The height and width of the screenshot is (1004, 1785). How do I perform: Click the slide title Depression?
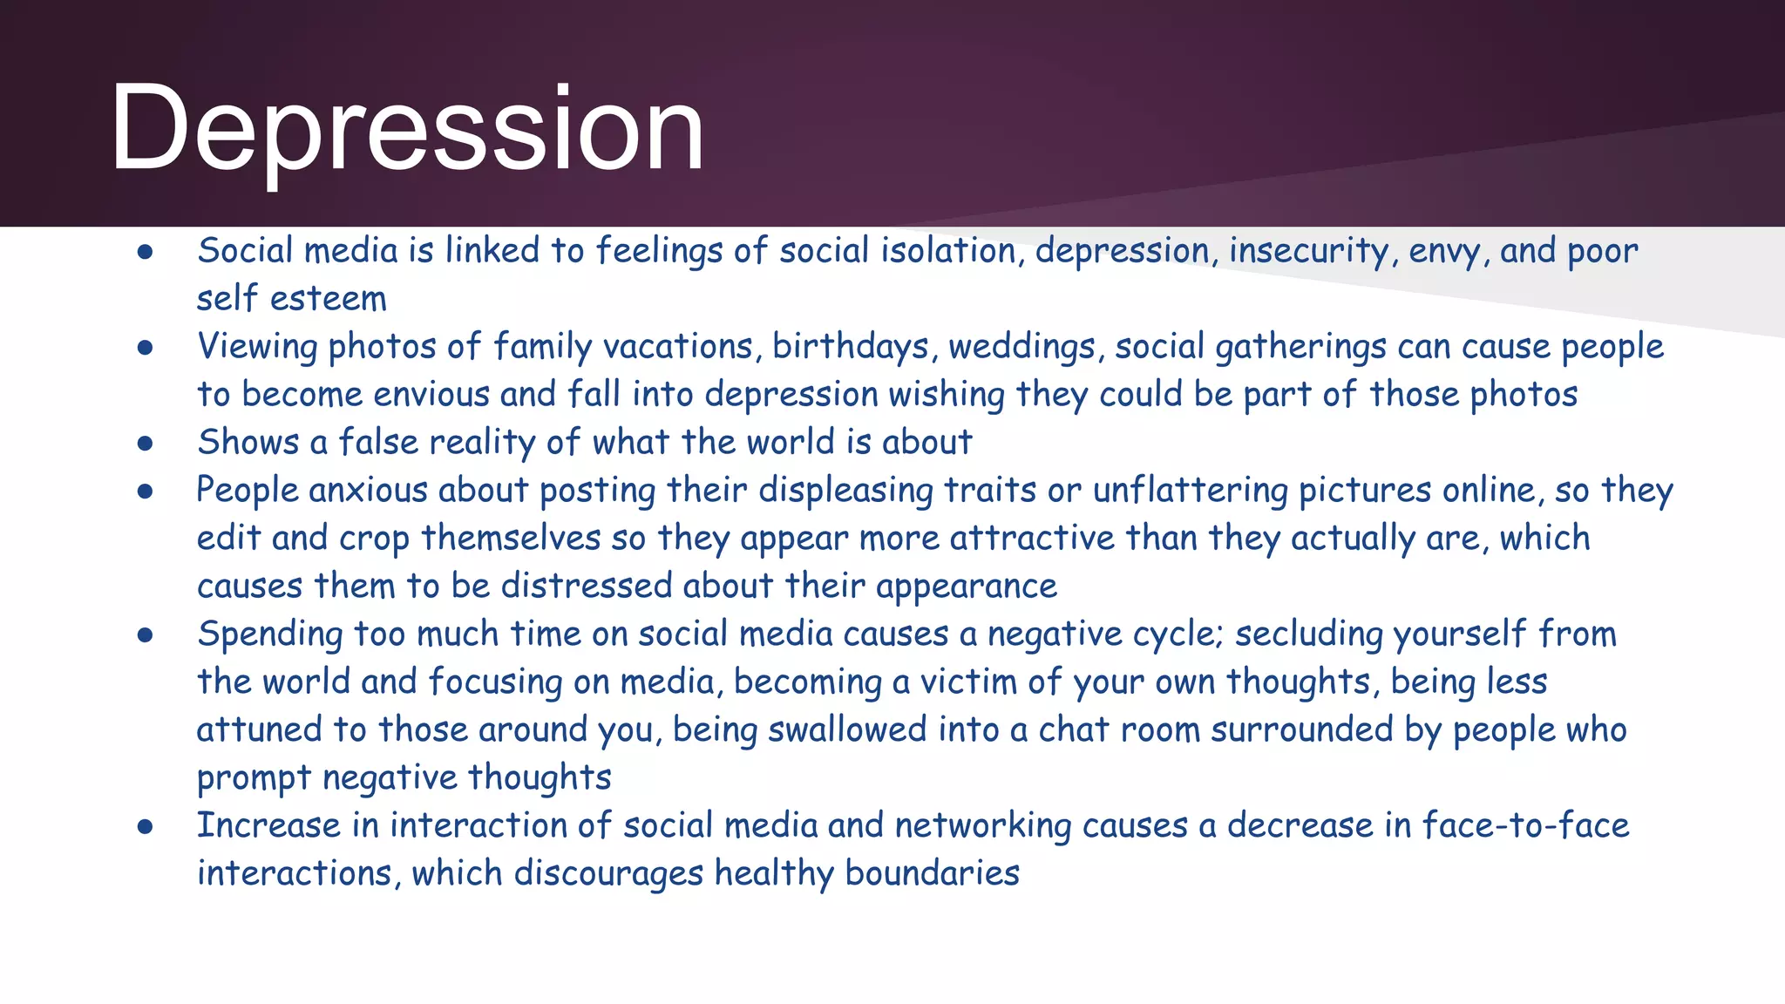pos(406,129)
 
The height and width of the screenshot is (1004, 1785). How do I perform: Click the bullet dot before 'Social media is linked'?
pos(146,253)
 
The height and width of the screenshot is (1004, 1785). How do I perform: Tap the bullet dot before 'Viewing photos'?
pos(146,349)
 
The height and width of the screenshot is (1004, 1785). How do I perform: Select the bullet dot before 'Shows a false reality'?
pos(146,444)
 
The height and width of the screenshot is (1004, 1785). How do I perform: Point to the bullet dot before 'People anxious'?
pos(146,492)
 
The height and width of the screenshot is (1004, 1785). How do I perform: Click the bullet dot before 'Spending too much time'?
pos(146,636)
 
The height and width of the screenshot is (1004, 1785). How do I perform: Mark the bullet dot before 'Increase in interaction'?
pos(146,827)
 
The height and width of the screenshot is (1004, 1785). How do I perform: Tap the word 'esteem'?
pos(329,299)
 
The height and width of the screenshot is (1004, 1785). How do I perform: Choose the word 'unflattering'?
pos(1190,491)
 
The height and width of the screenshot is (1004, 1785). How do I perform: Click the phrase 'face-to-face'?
pos(1525,825)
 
